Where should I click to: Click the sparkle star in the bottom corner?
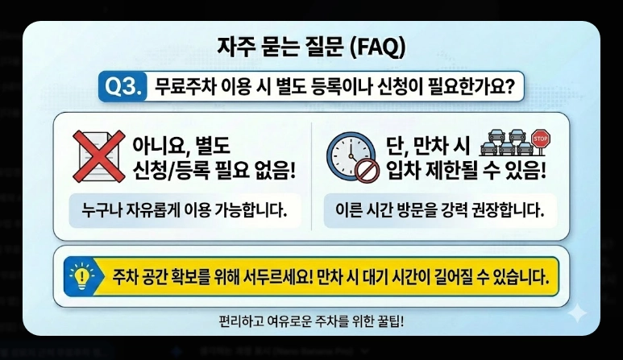coord(578,312)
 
